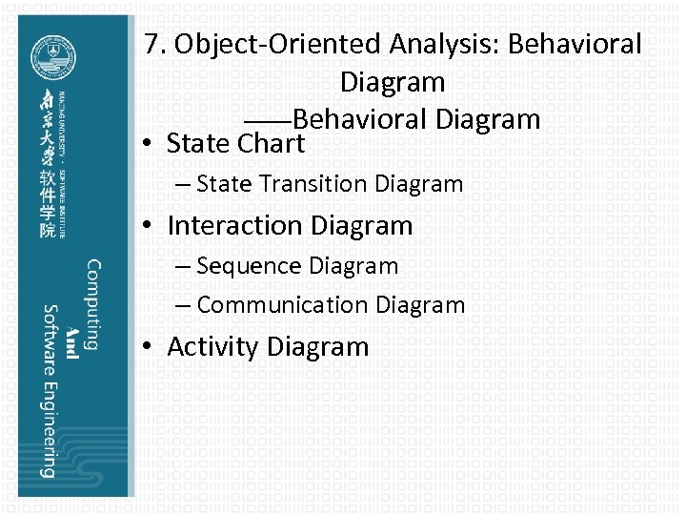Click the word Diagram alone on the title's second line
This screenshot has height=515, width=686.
393,82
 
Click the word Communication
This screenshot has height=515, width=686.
283,305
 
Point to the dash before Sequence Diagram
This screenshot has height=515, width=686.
181,266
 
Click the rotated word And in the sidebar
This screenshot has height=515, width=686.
71,349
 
